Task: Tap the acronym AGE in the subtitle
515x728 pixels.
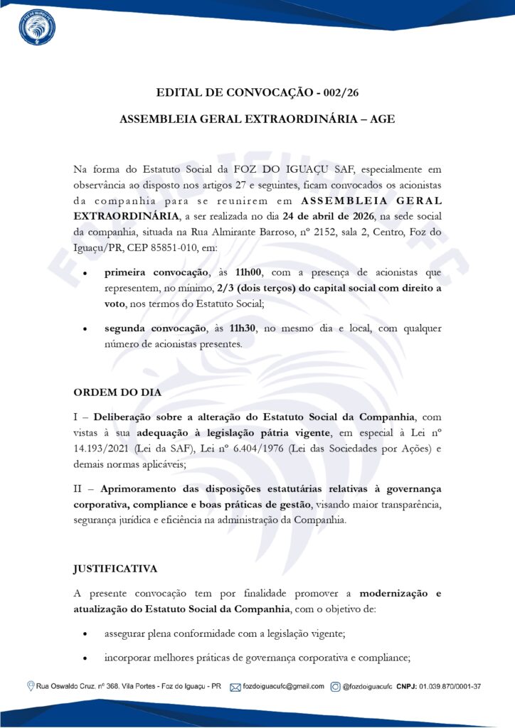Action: pos(381,120)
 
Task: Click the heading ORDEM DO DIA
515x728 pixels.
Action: pos(117,392)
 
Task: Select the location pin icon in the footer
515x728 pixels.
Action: pos(30,687)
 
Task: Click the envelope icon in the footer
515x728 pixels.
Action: pos(235,687)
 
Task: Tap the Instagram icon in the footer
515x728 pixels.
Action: pos(335,687)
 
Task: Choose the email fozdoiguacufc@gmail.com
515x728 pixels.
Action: pos(283,687)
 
